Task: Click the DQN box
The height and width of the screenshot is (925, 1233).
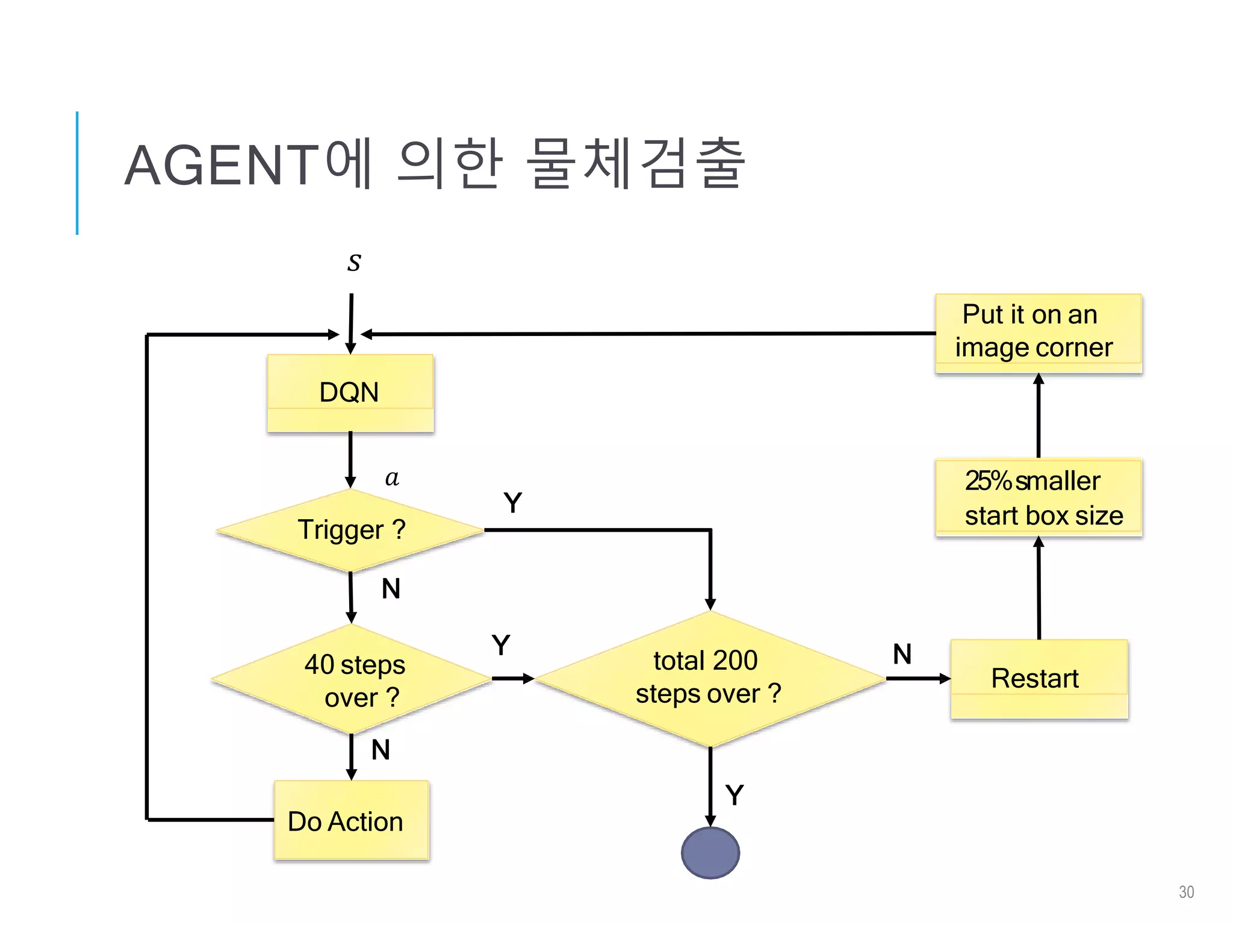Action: pyautogui.click(x=350, y=393)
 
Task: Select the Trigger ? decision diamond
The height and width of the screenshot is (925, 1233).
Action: pyautogui.click(x=350, y=530)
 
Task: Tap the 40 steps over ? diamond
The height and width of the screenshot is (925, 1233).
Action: pyautogui.click(x=352, y=679)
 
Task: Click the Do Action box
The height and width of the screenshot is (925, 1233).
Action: pyautogui.click(x=351, y=820)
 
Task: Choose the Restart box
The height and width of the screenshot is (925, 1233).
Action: pyautogui.click(x=1039, y=679)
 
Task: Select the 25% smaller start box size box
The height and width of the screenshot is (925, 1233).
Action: pyautogui.click(x=1039, y=498)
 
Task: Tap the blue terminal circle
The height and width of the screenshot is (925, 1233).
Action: pyautogui.click(x=710, y=853)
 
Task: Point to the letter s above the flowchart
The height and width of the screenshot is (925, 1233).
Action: pyautogui.click(x=354, y=263)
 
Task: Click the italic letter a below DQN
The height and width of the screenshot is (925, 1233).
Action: pyautogui.click(x=392, y=478)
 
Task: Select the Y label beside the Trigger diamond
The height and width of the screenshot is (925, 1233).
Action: pyautogui.click(x=513, y=503)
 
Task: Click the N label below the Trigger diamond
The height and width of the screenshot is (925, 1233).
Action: pyautogui.click(x=391, y=588)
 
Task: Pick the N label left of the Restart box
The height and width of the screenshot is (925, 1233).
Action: pyautogui.click(x=902, y=654)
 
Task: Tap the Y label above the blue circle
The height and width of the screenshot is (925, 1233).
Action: pyautogui.click(x=735, y=795)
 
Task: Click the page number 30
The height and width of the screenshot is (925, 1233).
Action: pyautogui.click(x=1186, y=892)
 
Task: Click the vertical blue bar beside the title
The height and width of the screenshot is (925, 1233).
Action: pyautogui.click(x=77, y=173)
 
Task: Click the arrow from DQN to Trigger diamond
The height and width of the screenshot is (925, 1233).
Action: pyautogui.click(x=350, y=459)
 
